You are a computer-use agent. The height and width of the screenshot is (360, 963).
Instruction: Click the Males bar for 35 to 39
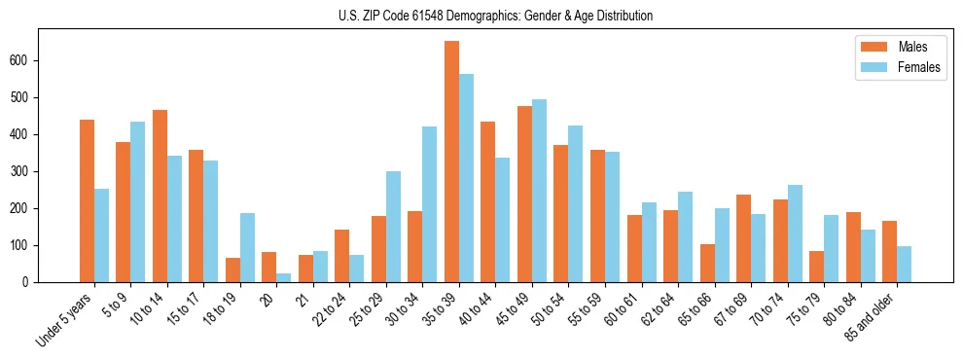451,162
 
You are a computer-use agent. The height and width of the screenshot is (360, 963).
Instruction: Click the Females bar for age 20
283,277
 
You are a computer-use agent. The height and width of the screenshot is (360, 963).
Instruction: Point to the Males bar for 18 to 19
232,270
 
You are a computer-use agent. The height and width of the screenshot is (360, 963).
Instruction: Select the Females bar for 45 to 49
539,191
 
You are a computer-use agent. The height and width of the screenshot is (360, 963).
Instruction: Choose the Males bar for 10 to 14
160,196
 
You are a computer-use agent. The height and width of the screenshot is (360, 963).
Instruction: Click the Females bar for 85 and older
904,264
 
